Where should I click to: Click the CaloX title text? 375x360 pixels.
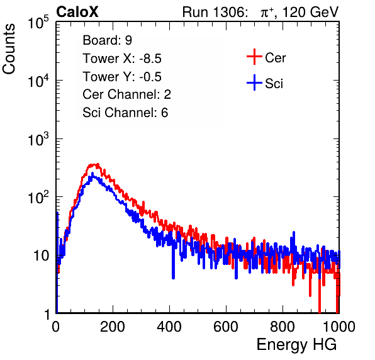coord(77,12)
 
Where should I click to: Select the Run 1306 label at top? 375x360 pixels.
coord(215,12)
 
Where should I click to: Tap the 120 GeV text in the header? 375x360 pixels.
coord(310,12)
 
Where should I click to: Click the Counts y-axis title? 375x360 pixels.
coord(9,49)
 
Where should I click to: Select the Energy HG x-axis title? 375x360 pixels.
coord(296,345)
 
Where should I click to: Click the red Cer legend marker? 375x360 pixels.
coord(254,57)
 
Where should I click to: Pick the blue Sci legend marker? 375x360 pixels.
coord(254,83)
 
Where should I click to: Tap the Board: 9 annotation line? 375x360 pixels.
coord(107,40)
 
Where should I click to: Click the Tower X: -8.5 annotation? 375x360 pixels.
coord(122,59)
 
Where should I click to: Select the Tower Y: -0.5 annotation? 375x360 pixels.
coord(122,77)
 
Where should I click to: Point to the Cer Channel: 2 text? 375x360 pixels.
coord(126,94)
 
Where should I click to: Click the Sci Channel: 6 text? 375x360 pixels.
coord(125,113)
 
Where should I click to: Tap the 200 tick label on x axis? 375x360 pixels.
coord(113,327)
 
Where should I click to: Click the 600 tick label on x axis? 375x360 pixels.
coord(226,327)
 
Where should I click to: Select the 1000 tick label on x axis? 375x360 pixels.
coord(339,327)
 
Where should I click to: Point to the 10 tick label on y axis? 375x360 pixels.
coord(42,256)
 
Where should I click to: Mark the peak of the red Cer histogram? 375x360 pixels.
coord(98,164)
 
